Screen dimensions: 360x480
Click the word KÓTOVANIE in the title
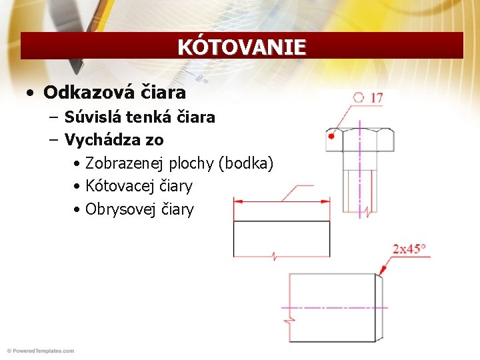[241, 47]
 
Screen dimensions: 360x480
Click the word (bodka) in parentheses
[251, 163]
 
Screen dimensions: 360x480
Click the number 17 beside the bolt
[377, 98]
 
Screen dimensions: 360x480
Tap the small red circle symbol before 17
[359, 98]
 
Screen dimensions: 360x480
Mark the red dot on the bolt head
[331, 136]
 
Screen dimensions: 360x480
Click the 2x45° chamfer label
[409, 249]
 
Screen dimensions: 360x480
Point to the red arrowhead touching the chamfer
[383, 271]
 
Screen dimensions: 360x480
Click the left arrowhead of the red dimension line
[237, 200]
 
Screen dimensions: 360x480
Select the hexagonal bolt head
[360, 141]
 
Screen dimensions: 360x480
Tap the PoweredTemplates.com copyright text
[40, 351]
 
